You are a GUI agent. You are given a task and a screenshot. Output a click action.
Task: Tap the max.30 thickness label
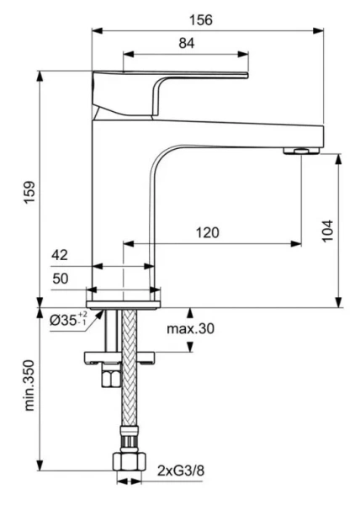(x=190, y=328)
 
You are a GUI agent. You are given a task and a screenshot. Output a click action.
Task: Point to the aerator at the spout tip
(x=299, y=151)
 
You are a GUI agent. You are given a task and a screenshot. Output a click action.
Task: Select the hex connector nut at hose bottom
(x=128, y=462)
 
